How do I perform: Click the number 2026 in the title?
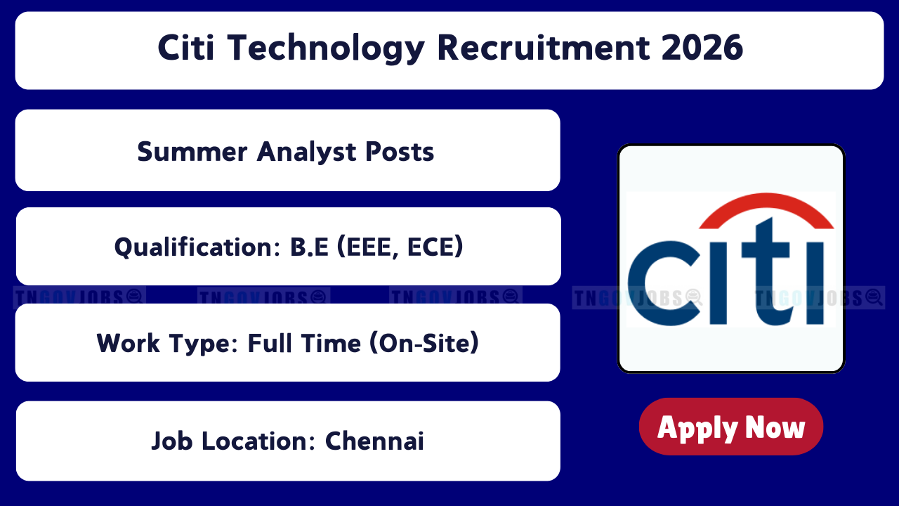coord(702,47)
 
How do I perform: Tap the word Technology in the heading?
coord(326,48)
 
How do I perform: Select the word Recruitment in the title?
coord(544,47)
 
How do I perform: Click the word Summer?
coord(192,152)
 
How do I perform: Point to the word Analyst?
coord(307,153)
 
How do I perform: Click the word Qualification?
coord(197,247)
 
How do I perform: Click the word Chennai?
coord(374,441)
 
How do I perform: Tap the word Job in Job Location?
coord(172,441)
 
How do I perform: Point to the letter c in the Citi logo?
coord(664,283)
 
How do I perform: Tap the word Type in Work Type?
coord(204,344)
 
